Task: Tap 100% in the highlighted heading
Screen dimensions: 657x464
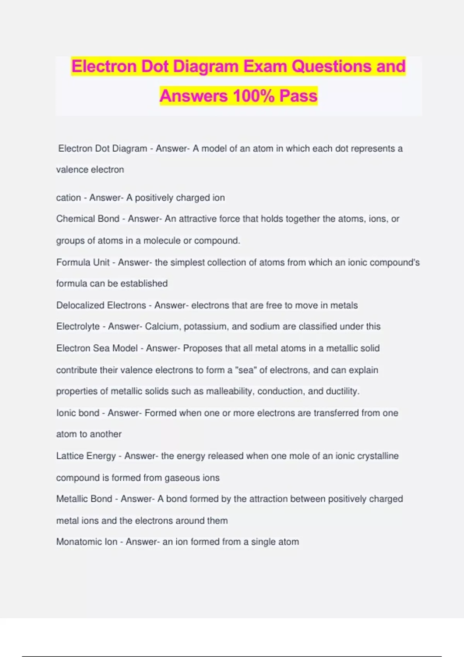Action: (x=254, y=96)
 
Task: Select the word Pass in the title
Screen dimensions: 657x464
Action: (x=298, y=96)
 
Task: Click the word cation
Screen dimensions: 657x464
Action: (x=68, y=198)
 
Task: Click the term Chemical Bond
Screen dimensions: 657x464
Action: (x=88, y=219)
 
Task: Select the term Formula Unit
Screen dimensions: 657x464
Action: (x=83, y=262)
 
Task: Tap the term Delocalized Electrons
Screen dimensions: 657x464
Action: (x=101, y=305)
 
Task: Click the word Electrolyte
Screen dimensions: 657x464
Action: (x=78, y=327)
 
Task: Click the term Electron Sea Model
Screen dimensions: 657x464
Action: (x=97, y=348)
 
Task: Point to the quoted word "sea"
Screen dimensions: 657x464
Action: (x=246, y=370)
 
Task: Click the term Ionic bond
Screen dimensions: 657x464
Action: (x=78, y=413)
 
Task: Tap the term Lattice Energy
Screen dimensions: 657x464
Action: (x=86, y=456)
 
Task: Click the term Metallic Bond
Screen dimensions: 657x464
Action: (x=84, y=499)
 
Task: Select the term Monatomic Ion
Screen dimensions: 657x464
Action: (x=87, y=542)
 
